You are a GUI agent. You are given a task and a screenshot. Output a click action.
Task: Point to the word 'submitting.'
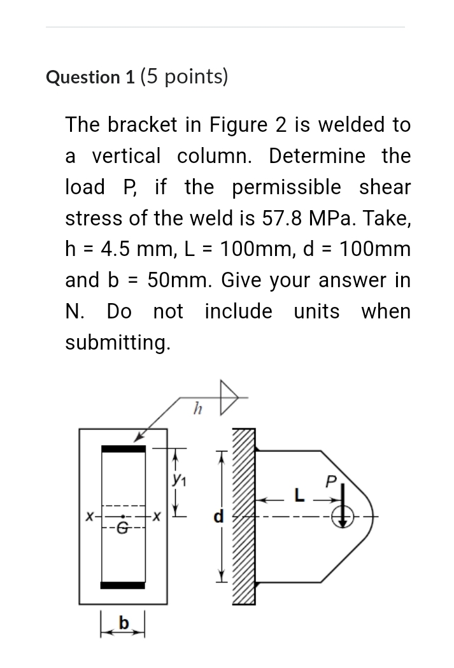[118, 343]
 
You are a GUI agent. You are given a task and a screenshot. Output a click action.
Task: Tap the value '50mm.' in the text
[174, 280]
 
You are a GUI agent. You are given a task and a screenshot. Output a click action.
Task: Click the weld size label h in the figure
[197, 407]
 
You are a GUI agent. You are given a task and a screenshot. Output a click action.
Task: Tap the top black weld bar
[124, 449]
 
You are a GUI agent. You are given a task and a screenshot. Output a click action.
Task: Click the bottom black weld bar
[124, 585]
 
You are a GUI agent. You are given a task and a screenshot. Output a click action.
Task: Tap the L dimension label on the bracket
[295, 495]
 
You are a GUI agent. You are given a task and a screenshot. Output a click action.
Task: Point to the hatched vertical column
[246, 516]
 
